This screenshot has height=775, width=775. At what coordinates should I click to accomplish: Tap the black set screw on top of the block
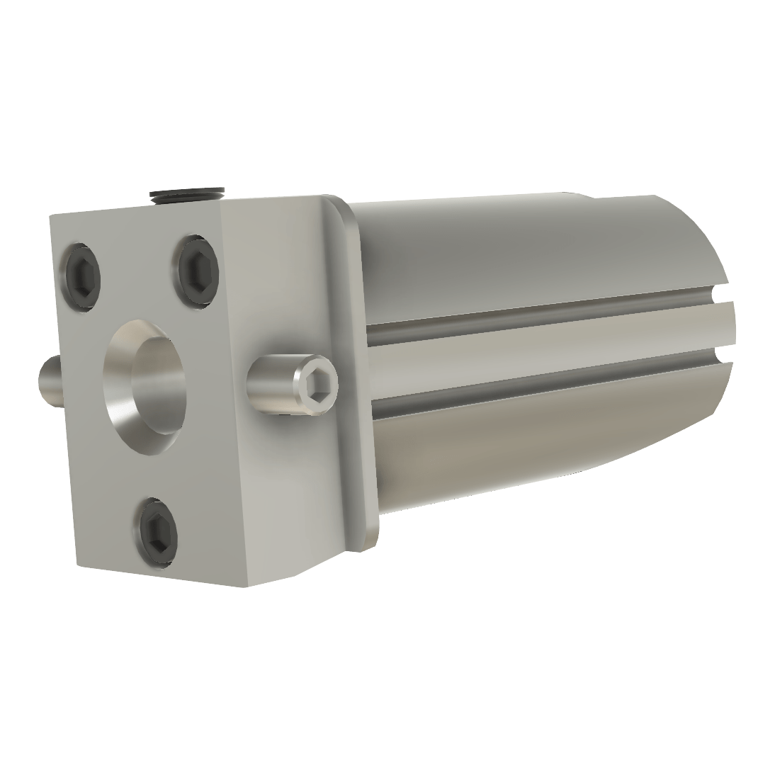tap(188, 195)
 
